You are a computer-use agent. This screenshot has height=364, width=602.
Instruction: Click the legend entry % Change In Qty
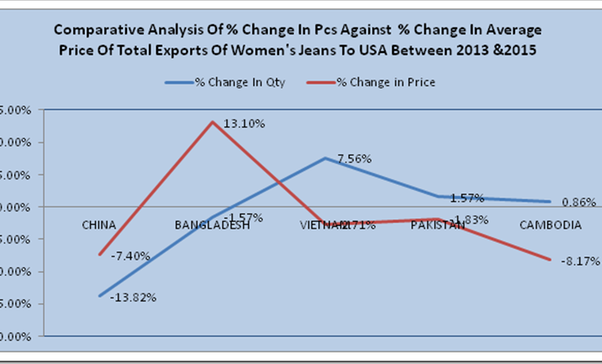232,82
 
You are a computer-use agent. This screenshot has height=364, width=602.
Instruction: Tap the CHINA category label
99,225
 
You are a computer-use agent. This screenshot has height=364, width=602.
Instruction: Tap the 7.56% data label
351,160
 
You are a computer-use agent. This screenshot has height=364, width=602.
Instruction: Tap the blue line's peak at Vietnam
325,158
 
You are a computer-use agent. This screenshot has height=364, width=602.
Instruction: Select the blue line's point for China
100,296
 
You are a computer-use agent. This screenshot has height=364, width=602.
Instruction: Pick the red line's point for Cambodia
550,260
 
